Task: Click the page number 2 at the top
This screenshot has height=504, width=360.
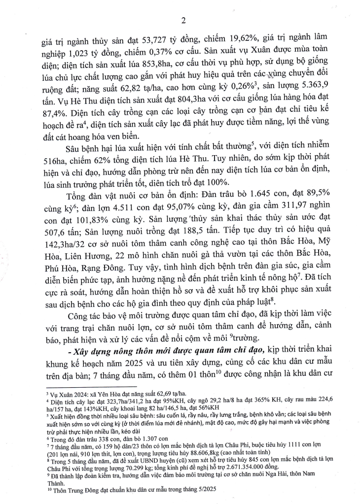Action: coord(183,20)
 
